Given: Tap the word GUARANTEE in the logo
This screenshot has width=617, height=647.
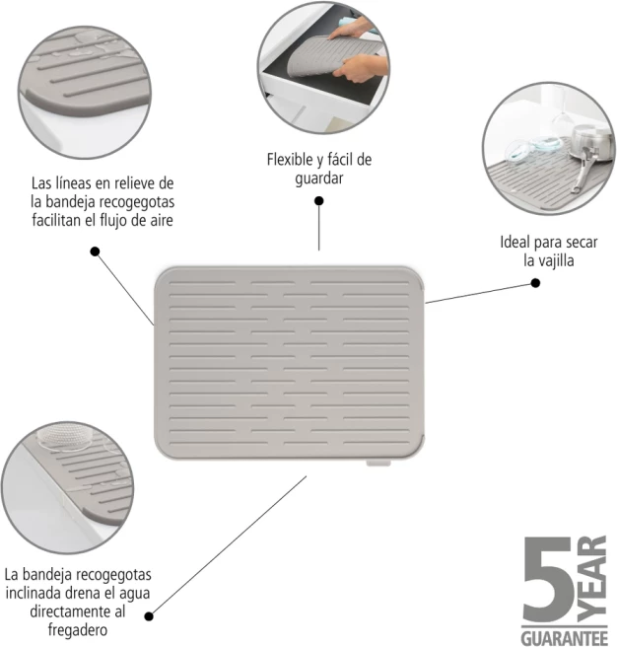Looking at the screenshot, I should coord(564,632).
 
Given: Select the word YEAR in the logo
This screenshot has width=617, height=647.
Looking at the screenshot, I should coord(592,574).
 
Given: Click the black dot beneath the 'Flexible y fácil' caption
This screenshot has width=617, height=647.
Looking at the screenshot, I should coord(319,200).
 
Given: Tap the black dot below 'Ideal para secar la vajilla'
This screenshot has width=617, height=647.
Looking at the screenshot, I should coord(535,282).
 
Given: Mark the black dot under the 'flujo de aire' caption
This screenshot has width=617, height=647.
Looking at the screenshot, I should coord(95,252).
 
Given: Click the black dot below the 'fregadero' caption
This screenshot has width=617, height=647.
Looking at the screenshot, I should coord(149,615).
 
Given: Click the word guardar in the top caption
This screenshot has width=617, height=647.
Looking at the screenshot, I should coord(318,178).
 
